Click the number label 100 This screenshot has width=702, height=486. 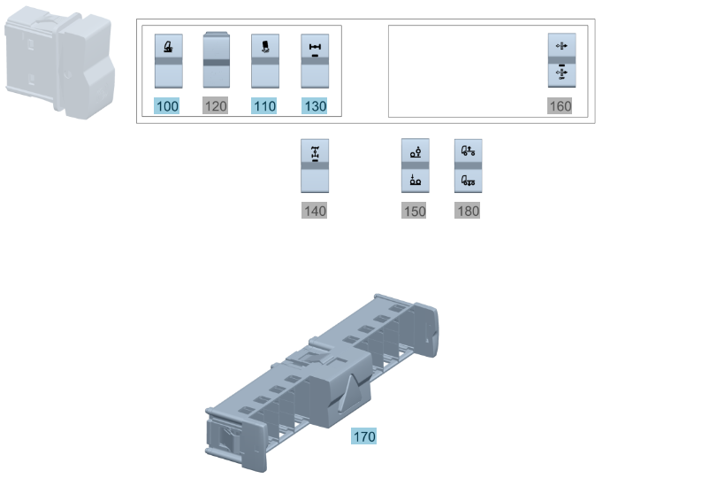(x=166, y=106)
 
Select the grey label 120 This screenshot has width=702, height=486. (x=216, y=106)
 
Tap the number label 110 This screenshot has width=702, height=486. (x=263, y=106)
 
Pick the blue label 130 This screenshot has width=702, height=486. (x=314, y=106)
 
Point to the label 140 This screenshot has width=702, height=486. (x=314, y=211)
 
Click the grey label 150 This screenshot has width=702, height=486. (x=414, y=211)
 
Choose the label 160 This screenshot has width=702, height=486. (x=560, y=106)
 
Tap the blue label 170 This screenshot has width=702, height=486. (x=364, y=436)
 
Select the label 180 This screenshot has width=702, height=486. (x=468, y=211)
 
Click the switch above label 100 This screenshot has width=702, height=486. (x=168, y=61)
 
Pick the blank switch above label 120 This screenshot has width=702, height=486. (x=217, y=59)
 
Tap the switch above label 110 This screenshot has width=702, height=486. (x=265, y=61)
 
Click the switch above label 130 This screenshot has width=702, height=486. (x=315, y=61)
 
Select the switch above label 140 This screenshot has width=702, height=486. (x=315, y=166)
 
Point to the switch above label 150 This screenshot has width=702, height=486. (x=415, y=166)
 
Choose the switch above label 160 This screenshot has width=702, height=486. (x=562, y=60)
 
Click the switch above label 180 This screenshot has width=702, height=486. (x=469, y=166)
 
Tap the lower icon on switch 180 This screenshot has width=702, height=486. (x=469, y=181)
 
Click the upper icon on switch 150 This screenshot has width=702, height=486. (x=416, y=152)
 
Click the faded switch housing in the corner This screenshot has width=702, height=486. (x=59, y=62)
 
